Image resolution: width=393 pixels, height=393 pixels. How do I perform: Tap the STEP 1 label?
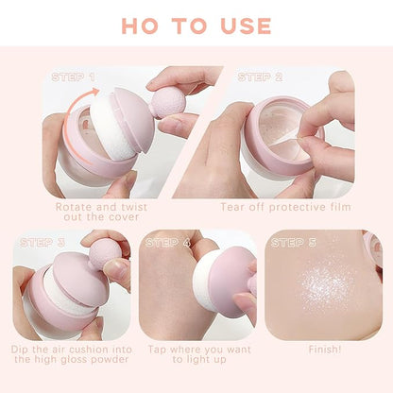[x=73, y=77]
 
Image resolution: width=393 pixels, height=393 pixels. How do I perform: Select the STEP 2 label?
[x=260, y=77]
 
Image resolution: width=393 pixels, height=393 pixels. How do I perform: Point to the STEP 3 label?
[x=43, y=243]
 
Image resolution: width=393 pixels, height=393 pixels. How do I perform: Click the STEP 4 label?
[x=168, y=243]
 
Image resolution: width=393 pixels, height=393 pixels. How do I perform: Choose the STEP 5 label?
[x=294, y=243]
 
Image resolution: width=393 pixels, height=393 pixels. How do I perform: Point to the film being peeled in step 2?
[x=283, y=140]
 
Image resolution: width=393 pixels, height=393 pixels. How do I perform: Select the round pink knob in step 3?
[x=105, y=253]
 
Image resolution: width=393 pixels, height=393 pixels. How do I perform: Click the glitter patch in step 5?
[x=326, y=285]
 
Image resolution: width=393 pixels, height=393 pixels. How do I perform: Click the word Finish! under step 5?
[x=325, y=350]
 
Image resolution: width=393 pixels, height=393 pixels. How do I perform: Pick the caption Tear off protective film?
[x=285, y=207]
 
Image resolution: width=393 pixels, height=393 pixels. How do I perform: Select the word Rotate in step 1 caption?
[x=74, y=207]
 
